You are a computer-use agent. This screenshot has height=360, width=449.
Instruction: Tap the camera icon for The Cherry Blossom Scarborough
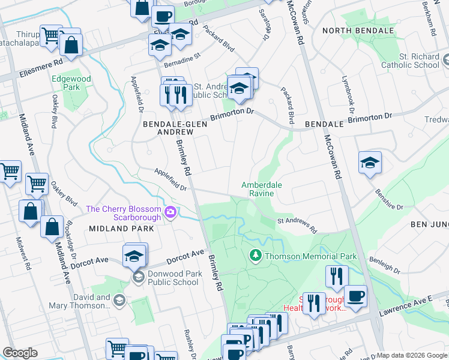click(171, 212)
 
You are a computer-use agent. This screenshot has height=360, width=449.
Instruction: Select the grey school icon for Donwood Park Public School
click(138, 277)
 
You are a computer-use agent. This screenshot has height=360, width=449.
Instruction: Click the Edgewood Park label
click(71, 83)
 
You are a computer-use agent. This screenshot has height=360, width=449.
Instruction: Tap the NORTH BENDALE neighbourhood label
click(358, 31)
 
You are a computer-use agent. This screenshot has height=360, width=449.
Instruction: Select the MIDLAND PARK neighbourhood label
click(121, 229)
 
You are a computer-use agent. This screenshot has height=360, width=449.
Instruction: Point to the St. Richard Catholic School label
click(411, 61)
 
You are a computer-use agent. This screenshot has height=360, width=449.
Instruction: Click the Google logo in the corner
click(20, 353)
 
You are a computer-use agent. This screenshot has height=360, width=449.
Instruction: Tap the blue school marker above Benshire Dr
click(370, 163)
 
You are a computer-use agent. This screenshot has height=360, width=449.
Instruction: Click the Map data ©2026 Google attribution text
click(412, 355)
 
